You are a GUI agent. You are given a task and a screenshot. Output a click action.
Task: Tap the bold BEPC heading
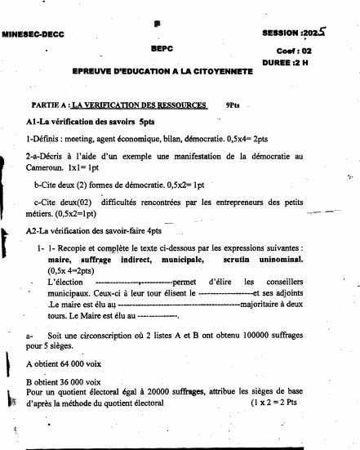pyautogui.click(x=162, y=50)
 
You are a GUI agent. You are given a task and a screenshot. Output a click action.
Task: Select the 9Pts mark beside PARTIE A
pyautogui.click(x=233, y=106)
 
